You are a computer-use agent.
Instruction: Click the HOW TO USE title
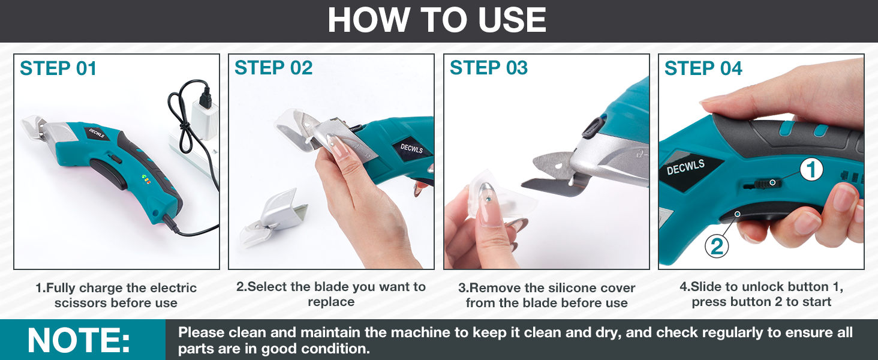[x=437, y=20]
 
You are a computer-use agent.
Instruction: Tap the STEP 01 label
[x=58, y=69]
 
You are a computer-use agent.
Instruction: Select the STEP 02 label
[x=273, y=68]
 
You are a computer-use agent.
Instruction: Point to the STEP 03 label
[x=489, y=68]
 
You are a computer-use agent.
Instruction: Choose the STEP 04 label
[x=703, y=69]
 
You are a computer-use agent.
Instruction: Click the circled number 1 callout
[x=811, y=171]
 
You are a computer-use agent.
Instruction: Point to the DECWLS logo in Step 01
[x=97, y=133]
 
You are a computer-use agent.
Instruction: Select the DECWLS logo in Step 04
[x=685, y=167]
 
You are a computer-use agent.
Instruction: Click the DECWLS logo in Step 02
[x=412, y=148]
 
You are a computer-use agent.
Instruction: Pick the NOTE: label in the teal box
[x=79, y=340]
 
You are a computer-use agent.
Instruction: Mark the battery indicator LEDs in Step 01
[x=146, y=178]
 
